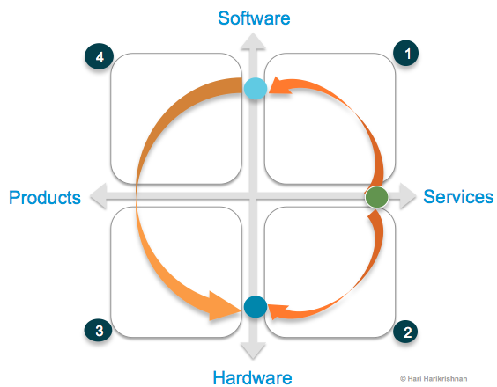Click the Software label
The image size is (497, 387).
(254, 18)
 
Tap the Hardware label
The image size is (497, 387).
(252, 377)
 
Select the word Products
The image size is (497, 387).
(44, 198)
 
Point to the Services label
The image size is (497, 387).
(458, 197)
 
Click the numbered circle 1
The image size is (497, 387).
(406, 54)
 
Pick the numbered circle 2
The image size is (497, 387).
(406, 332)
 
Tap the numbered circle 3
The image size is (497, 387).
(99, 332)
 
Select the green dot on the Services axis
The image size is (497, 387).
(376, 198)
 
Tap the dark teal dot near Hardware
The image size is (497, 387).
(255, 307)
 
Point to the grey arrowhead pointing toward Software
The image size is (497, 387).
(254, 40)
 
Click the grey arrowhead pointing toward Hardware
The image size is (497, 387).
(254, 350)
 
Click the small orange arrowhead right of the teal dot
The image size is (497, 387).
(276, 310)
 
